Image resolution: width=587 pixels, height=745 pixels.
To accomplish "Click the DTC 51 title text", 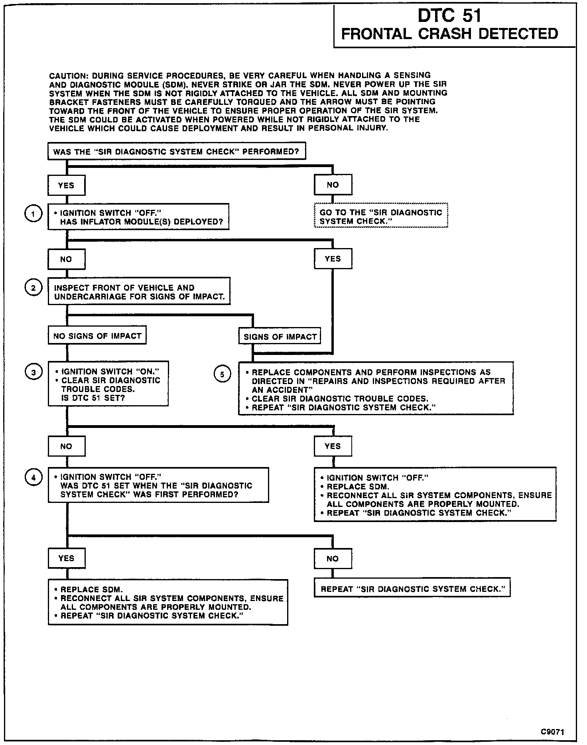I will (x=449, y=16).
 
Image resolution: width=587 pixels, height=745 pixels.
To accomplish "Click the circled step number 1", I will (x=33, y=215).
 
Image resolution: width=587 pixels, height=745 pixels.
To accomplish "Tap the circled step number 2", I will (x=33, y=288).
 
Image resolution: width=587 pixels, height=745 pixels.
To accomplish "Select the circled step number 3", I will (x=33, y=373).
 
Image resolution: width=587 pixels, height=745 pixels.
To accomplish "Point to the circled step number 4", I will (x=33, y=477).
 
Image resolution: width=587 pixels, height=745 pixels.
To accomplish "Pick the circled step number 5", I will (x=222, y=374).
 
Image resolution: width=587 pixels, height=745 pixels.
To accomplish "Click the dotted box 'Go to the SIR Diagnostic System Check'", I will (x=381, y=217).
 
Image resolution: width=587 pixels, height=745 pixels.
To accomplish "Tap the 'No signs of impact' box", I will (x=97, y=336).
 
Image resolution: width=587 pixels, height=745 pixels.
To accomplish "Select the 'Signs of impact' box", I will (x=280, y=337).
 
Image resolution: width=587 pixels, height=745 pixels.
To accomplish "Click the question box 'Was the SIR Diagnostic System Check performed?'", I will (x=176, y=152).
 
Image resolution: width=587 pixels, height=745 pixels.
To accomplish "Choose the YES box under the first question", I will (x=66, y=185).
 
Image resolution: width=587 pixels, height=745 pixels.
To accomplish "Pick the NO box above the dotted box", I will (x=333, y=185).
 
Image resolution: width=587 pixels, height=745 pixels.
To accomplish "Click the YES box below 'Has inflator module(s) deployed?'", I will (x=333, y=259).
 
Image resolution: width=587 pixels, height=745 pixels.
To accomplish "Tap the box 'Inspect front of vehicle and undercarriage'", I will (x=139, y=292).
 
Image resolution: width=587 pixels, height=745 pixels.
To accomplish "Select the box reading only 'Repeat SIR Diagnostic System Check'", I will (x=412, y=589).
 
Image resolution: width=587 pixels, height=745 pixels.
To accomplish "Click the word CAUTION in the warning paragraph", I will (x=67, y=75).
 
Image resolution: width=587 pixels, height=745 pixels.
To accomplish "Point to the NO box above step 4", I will (x=66, y=446).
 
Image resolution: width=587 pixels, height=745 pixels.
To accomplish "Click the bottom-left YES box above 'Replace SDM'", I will (x=66, y=558).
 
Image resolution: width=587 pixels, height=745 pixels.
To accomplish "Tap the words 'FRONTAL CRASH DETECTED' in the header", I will (x=449, y=34).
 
